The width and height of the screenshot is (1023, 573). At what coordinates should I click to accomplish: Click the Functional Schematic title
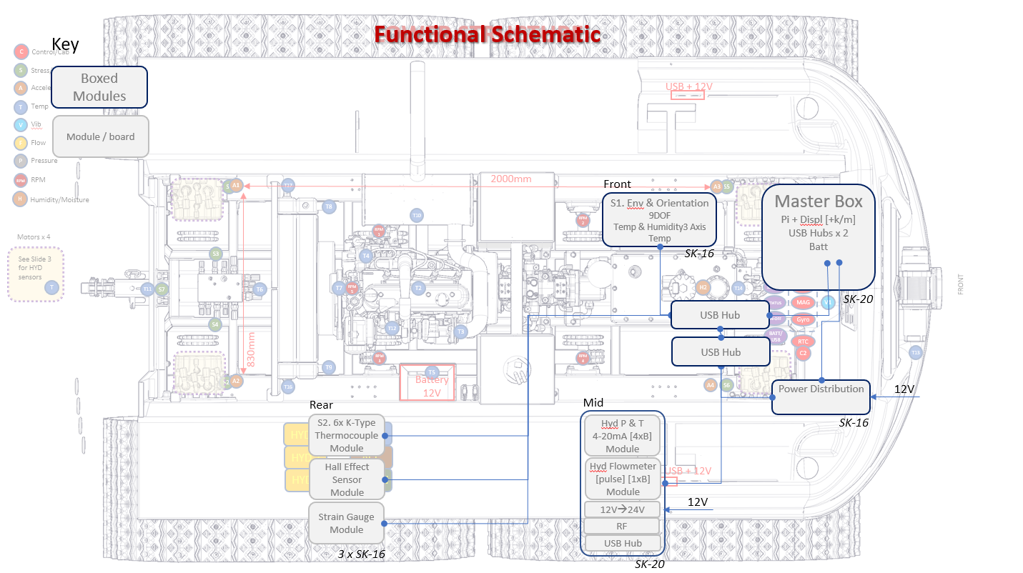488,34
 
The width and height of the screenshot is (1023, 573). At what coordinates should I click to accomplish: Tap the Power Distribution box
821,397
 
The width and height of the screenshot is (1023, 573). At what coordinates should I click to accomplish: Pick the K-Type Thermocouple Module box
347,435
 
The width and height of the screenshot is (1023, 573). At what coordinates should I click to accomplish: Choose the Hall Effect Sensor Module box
347,479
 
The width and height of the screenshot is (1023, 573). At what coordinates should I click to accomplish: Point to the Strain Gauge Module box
346,523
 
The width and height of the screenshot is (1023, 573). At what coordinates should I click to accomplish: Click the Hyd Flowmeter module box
623,478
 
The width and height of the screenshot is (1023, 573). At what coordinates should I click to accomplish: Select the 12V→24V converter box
623,509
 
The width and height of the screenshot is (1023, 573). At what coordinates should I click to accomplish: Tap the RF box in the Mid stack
623,527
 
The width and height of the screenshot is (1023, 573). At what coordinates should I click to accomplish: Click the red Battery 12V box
428,383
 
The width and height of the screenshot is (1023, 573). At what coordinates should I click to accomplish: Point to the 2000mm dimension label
510,179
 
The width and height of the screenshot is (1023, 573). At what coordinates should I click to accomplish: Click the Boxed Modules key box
99,87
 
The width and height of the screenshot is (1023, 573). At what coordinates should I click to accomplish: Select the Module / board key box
100,136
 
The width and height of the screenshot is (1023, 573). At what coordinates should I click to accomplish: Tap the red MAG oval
803,302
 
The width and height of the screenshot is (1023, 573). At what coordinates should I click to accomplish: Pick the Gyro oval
803,319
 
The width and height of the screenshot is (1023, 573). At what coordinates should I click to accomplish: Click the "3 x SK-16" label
361,554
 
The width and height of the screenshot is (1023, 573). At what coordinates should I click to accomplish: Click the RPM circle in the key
21,181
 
